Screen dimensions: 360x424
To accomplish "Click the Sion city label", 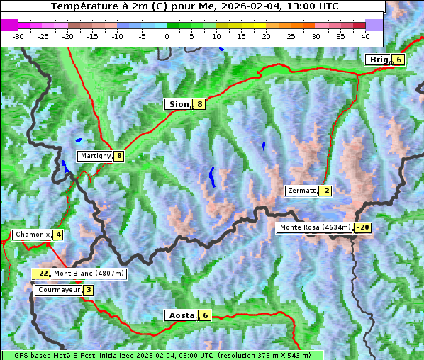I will tap(178, 104).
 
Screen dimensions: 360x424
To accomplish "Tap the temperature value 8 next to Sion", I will tap(200, 104).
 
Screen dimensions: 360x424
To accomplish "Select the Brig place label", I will tap(379, 60).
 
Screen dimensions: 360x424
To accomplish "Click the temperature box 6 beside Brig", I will tap(399, 60).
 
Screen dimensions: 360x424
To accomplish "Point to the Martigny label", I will tap(94, 156).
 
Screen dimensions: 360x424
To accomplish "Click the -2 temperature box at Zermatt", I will tap(325, 191).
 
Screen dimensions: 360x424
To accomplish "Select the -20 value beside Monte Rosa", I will tap(363, 227).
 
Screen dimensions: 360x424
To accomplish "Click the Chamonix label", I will tap(31, 235).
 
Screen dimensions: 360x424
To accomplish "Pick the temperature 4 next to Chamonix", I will tap(58, 235).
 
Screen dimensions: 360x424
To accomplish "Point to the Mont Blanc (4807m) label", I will tap(89, 274).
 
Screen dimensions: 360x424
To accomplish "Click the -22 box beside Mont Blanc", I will tap(42, 274).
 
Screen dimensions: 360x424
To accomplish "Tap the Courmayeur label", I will tap(58, 290).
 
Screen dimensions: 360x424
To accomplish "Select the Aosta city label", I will tap(180, 315).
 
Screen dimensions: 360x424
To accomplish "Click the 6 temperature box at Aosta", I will tap(205, 315).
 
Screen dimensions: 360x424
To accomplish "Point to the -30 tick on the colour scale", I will tap(18, 36).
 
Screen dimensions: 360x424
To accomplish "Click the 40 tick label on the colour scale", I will tap(365, 36).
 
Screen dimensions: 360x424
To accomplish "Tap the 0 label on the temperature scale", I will tap(167, 36).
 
